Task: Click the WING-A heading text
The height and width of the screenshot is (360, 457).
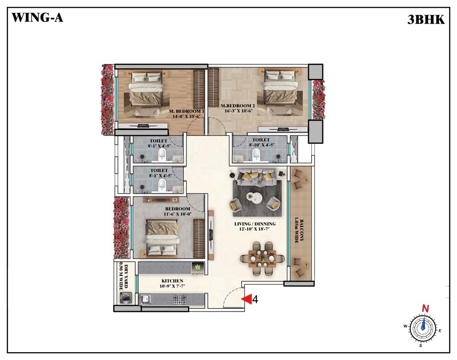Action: click(37, 17)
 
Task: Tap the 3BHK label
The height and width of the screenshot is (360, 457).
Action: click(426, 20)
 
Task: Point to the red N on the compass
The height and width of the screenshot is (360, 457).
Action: click(426, 308)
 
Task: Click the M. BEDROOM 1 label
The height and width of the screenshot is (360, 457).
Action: click(186, 111)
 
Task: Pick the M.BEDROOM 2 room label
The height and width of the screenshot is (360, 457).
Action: click(236, 106)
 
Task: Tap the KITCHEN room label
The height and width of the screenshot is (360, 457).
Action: click(172, 281)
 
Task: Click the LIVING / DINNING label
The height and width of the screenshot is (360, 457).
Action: click(255, 224)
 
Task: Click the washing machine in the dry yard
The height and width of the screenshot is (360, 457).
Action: click(126, 298)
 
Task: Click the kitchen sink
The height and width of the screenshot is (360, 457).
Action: click(145, 299)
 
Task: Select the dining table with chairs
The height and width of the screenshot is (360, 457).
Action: click(262, 258)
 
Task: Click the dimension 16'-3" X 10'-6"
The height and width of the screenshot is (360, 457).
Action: click(239, 111)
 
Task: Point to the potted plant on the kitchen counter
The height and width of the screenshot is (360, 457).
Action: click(198, 267)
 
